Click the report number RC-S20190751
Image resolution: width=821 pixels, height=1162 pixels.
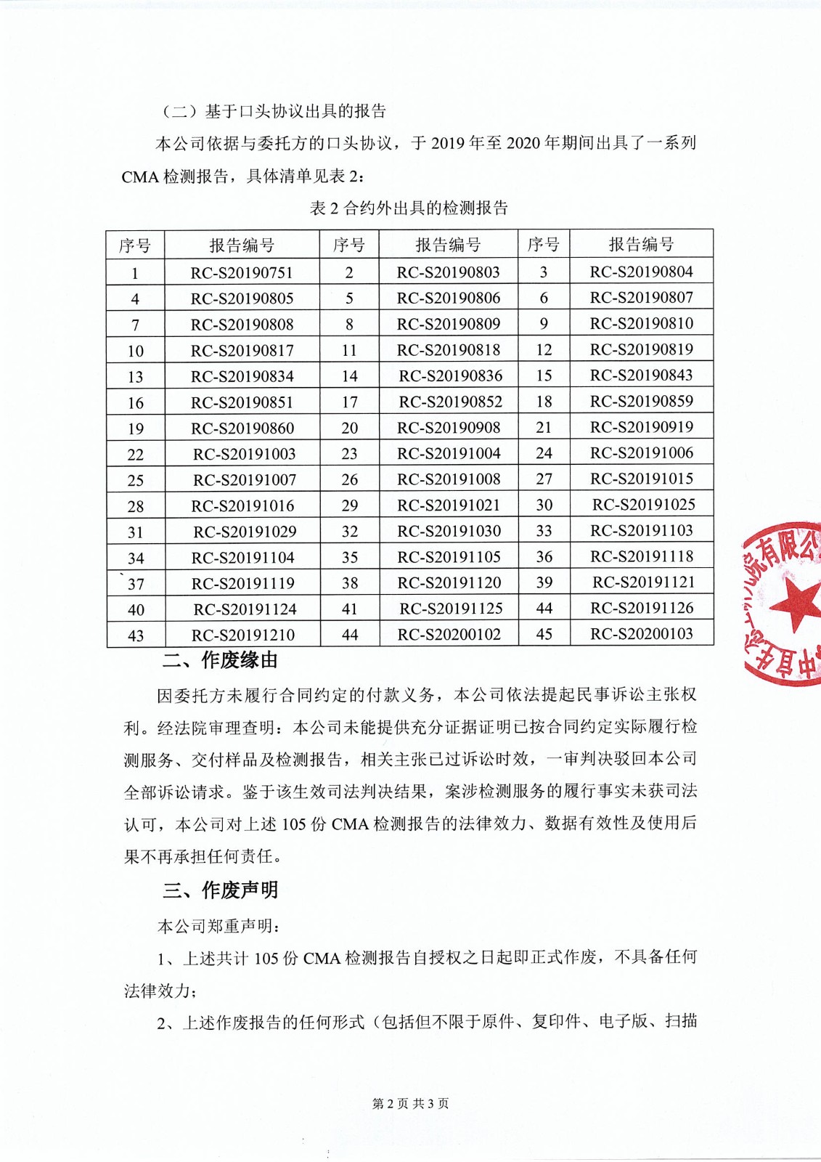click(x=242, y=273)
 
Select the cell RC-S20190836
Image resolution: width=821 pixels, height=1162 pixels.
click(x=450, y=376)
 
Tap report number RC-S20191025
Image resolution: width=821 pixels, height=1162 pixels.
click(x=643, y=505)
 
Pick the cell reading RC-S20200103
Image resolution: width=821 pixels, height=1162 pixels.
click(x=642, y=634)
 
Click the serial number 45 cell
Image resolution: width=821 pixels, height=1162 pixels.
click(x=544, y=634)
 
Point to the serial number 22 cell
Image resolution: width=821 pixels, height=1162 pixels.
click(x=136, y=455)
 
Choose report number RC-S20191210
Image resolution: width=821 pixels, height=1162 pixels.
click(x=243, y=635)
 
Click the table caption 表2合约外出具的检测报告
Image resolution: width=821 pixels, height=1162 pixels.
click(x=409, y=208)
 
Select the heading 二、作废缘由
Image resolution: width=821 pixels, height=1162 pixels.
click(x=220, y=660)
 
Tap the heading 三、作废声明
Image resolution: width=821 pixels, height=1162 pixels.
click(x=220, y=890)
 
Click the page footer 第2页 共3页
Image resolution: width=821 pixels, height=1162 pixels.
click(x=410, y=1104)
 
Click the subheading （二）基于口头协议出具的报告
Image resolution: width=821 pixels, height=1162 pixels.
click(x=274, y=111)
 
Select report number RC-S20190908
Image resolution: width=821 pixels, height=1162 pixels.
click(x=449, y=428)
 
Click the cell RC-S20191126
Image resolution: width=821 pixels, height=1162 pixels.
click(x=642, y=608)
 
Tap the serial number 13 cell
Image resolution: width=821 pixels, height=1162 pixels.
click(x=136, y=377)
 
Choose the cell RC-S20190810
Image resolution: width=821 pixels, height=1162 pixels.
click(x=642, y=323)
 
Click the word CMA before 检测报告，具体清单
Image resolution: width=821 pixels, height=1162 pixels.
click(x=140, y=176)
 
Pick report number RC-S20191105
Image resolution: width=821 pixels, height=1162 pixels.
click(x=449, y=557)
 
